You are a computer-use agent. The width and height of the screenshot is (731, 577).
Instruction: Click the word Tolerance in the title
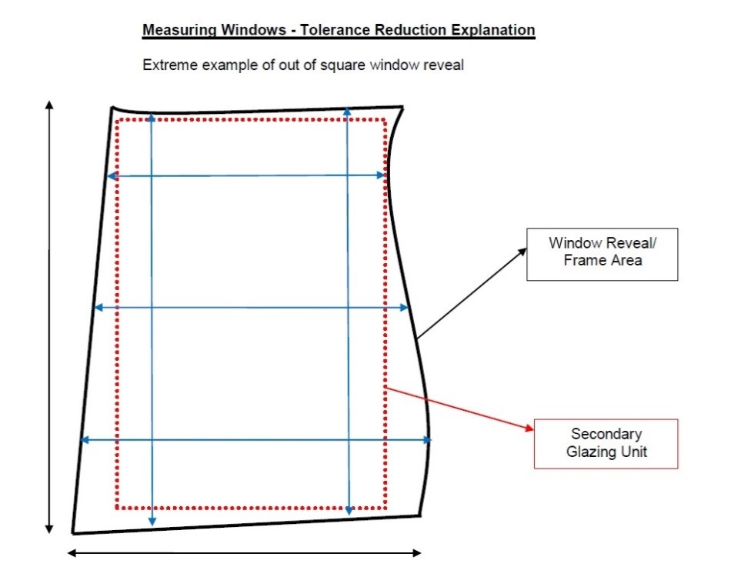tap(335, 30)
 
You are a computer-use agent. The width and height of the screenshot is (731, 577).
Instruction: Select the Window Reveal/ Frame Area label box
tap(602, 255)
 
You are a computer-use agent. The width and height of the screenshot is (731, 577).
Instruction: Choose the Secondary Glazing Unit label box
tap(606, 444)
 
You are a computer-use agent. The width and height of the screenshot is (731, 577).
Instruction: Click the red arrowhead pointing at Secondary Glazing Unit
tap(529, 427)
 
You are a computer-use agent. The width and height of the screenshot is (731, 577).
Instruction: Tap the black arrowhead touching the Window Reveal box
tap(522, 252)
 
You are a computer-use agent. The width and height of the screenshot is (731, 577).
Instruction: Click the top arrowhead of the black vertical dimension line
tap(49, 105)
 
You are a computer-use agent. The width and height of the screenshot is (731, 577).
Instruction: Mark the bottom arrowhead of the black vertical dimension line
tap(49, 529)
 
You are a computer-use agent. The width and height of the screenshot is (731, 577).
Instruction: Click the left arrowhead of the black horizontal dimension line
tap(72, 553)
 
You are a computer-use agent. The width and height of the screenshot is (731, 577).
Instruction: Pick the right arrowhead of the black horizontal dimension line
tap(417, 553)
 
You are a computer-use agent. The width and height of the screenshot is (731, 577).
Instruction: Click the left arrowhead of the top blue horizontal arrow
tap(112, 176)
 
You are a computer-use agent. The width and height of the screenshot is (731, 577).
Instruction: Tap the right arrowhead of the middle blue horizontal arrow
tap(404, 308)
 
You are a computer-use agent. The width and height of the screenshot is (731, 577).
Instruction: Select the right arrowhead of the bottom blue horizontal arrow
tap(426, 439)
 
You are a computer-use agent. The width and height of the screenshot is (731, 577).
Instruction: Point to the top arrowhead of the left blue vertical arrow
tap(151, 118)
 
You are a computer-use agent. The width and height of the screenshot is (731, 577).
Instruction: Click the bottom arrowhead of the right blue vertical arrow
tap(349, 510)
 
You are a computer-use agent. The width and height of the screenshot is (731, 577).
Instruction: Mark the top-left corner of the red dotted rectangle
tap(117, 120)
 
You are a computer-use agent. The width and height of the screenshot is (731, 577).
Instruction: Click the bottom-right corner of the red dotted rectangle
tap(385, 508)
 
